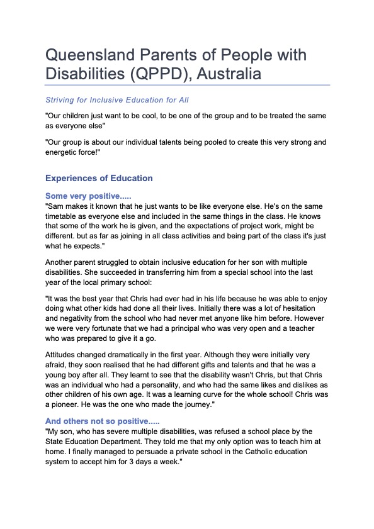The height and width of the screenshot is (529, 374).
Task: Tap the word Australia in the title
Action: coord(227,75)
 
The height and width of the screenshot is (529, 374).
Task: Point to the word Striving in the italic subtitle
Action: coord(60,100)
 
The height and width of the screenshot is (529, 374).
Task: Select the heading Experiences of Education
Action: coord(98,178)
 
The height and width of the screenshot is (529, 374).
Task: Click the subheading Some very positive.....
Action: coord(88,196)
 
